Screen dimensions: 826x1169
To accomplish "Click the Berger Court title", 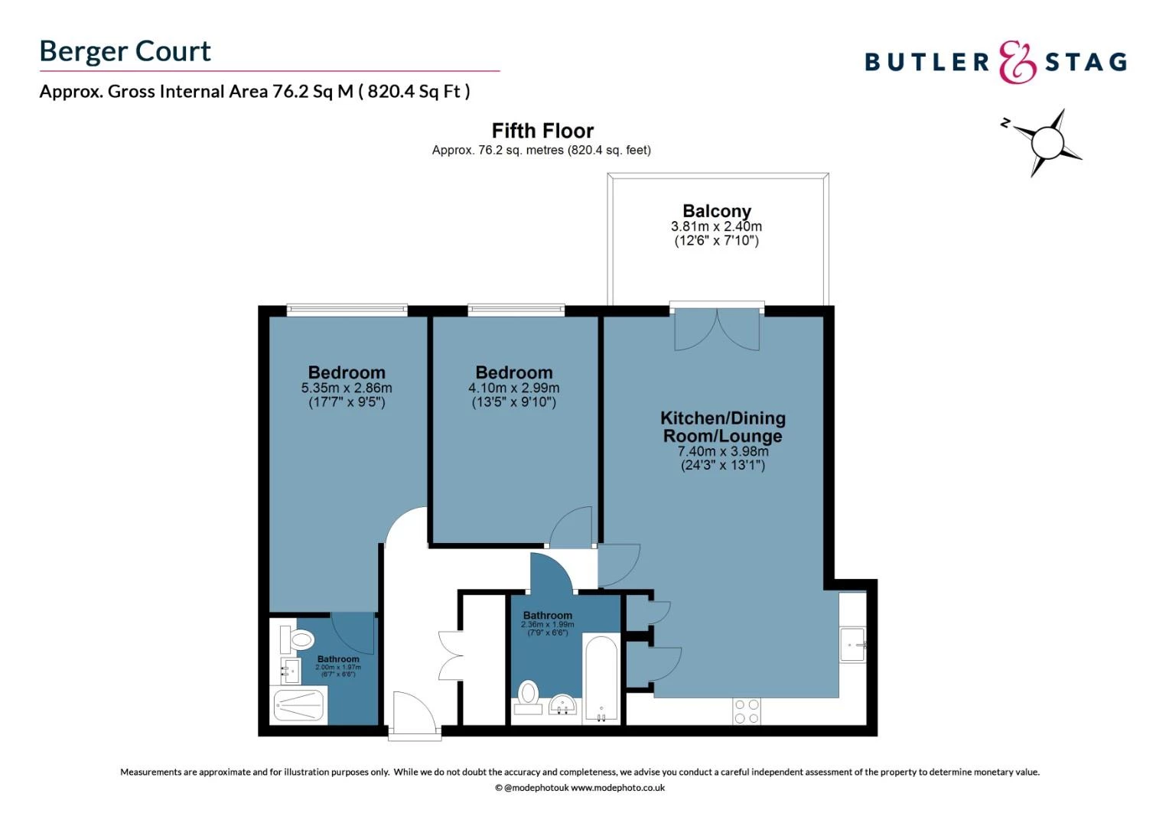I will pos(125,51).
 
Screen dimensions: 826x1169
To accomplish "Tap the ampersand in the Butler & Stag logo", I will pos(1018,63).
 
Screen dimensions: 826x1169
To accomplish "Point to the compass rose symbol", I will pos(1047,142).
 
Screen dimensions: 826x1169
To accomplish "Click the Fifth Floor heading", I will pos(542,131).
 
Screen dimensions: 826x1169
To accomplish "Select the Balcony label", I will pos(716,211).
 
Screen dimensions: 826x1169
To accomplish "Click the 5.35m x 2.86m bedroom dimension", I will pos(347,388).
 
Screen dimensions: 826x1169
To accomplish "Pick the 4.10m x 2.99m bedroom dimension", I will pos(513,388).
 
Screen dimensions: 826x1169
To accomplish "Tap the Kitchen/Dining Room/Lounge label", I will pos(722,427).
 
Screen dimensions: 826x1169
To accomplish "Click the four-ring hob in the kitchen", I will pos(746,711).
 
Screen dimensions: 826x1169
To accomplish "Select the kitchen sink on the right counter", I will pos(852,645).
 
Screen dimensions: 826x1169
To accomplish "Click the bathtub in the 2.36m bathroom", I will pos(601,679).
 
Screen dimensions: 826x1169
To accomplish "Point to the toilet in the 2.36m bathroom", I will pos(528,694).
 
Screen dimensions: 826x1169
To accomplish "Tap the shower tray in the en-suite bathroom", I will pos(299,706).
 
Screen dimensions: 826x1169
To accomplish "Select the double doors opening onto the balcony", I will pos(717,330).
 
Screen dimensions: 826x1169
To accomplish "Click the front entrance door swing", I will pos(413,713).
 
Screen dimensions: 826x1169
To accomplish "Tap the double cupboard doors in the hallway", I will pos(450,655).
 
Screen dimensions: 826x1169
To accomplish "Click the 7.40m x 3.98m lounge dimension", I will pos(722,451).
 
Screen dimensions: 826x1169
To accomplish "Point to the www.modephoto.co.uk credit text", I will pos(617,788).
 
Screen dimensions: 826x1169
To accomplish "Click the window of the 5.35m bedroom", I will pos(347,311).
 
